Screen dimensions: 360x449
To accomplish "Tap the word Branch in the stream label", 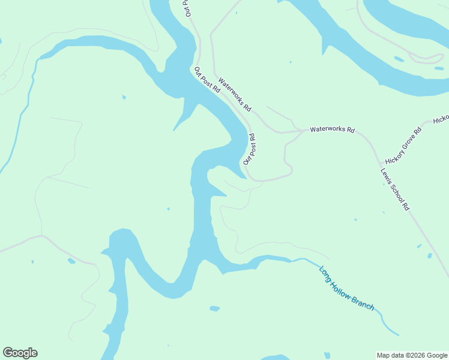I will [364, 302].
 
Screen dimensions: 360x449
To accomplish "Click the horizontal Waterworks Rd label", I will [332, 130].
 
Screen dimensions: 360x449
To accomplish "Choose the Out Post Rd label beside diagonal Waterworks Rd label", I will [207, 80].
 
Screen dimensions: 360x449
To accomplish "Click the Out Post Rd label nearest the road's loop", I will [250, 149].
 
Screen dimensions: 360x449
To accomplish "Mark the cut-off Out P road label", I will [187, 8].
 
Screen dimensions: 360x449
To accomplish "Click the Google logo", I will [20, 353].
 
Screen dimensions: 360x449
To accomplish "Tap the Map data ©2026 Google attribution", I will [412, 355].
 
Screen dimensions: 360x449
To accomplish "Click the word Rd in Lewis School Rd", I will [406, 206].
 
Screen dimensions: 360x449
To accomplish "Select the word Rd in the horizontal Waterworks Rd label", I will [350, 130].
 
